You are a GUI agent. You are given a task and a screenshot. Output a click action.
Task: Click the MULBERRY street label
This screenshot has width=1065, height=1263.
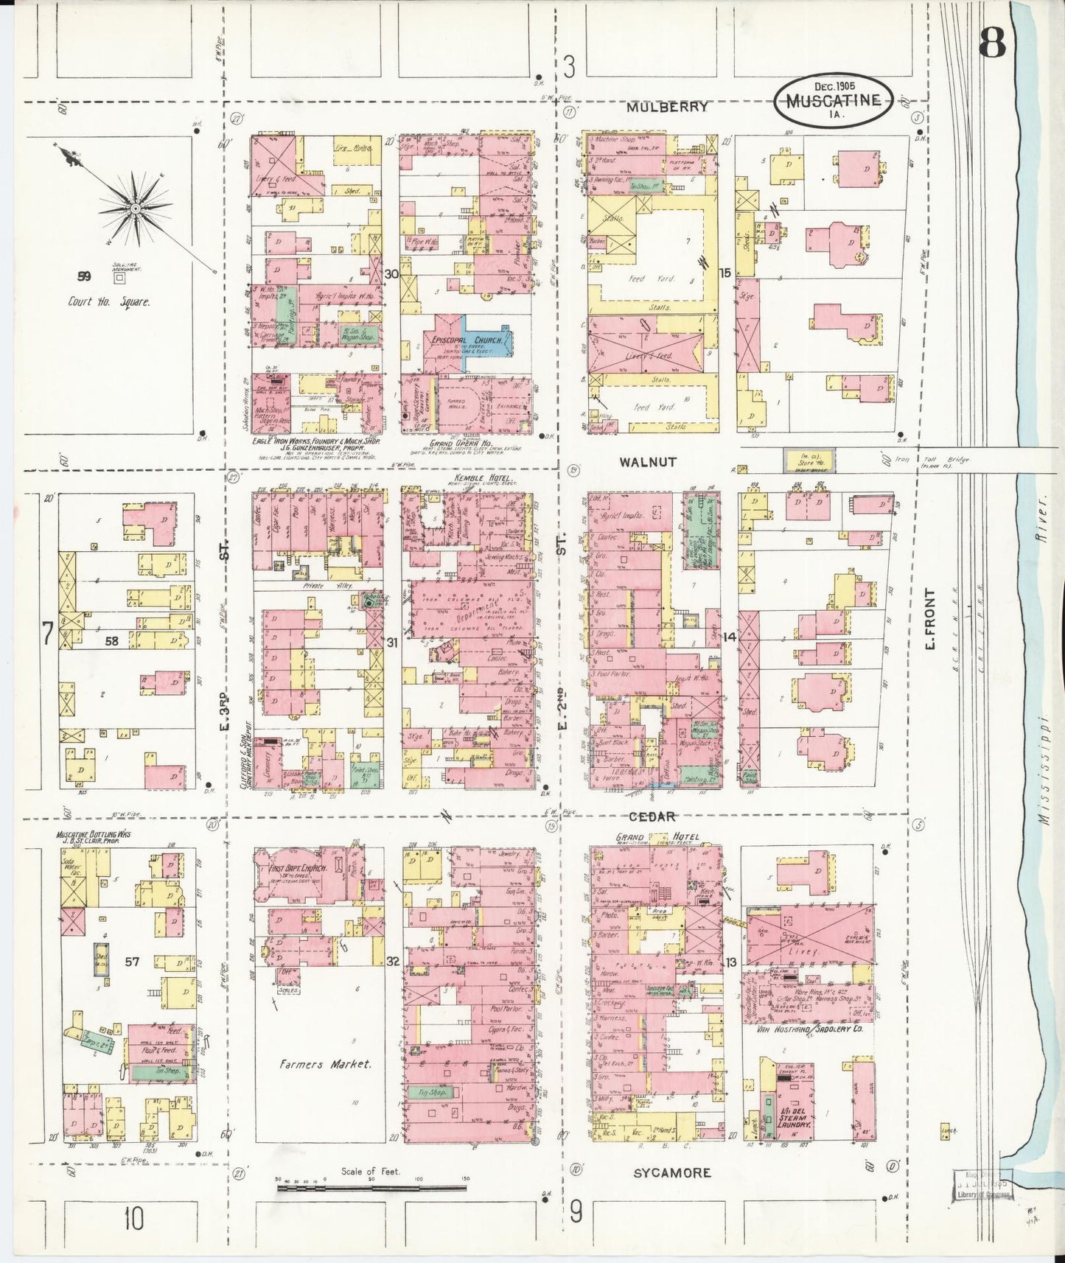point(667,107)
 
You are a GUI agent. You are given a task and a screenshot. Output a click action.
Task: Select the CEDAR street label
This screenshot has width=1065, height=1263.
point(651,816)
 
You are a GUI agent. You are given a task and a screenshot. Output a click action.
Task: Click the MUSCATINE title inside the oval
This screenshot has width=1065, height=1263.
point(833,101)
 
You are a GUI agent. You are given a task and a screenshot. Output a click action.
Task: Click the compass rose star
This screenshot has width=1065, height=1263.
point(136,209)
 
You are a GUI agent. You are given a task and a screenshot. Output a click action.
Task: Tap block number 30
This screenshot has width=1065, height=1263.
point(391,274)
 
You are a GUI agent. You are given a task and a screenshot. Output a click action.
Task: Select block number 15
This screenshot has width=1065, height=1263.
point(725,273)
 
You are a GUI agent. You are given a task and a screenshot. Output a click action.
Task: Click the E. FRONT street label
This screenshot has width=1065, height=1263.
point(929,619)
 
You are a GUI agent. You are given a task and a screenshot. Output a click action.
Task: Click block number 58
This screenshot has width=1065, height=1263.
point(111,641)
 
